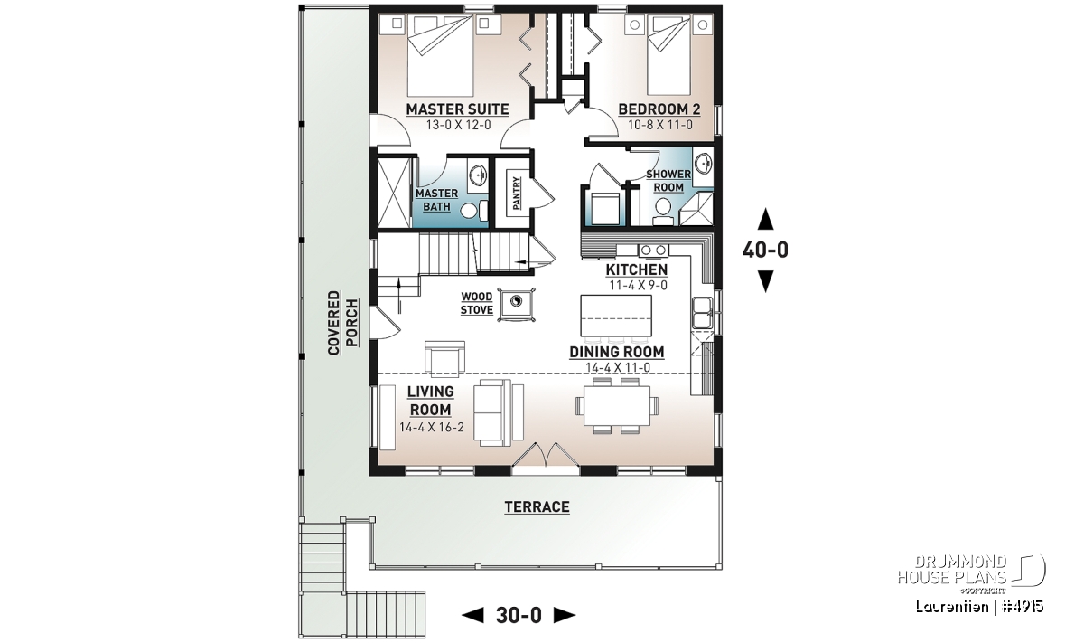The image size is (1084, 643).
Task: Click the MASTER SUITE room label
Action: coord(457,109)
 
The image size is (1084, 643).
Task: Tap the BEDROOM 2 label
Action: coord(659,109)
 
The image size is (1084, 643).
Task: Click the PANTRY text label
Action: coord(517,193)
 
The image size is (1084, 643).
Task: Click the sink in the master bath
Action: coord(478,175)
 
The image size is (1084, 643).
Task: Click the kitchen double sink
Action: coord(702,313)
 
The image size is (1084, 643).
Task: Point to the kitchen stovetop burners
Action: coord(654,251)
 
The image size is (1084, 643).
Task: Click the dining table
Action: coord(616,405)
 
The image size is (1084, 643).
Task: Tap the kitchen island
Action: coord(615,316)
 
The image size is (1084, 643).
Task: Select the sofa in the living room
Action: coord(499,412)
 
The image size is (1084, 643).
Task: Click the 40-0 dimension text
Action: coord(765,250)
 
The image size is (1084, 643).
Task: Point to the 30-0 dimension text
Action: coord(519,615)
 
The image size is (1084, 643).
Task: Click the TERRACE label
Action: coord(537,506)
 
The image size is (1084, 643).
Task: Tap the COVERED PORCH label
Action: coord(343,323)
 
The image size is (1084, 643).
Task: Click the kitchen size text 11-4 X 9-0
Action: coord(638,286)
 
